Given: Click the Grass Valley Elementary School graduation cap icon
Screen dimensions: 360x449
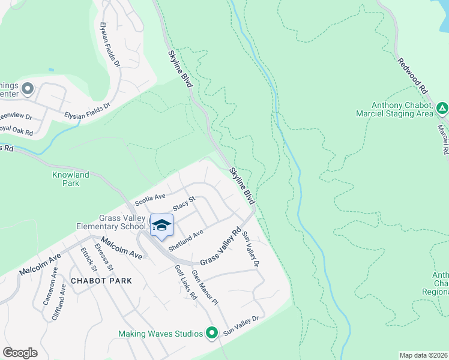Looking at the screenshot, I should (161, 225).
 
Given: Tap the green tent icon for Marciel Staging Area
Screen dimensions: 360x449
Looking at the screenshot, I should (442, 109).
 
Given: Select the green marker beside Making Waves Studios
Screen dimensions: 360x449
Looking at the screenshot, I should (211, 332).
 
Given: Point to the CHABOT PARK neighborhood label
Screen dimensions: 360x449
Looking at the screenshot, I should (101, 280).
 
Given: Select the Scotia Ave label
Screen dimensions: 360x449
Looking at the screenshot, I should (149, 198).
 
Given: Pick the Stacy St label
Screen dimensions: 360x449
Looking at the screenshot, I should (184, 203).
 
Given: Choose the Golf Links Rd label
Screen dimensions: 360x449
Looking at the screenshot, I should (185, 283).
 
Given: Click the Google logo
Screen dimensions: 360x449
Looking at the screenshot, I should (20, 353).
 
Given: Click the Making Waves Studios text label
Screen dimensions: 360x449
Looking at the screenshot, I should (160, 333).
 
